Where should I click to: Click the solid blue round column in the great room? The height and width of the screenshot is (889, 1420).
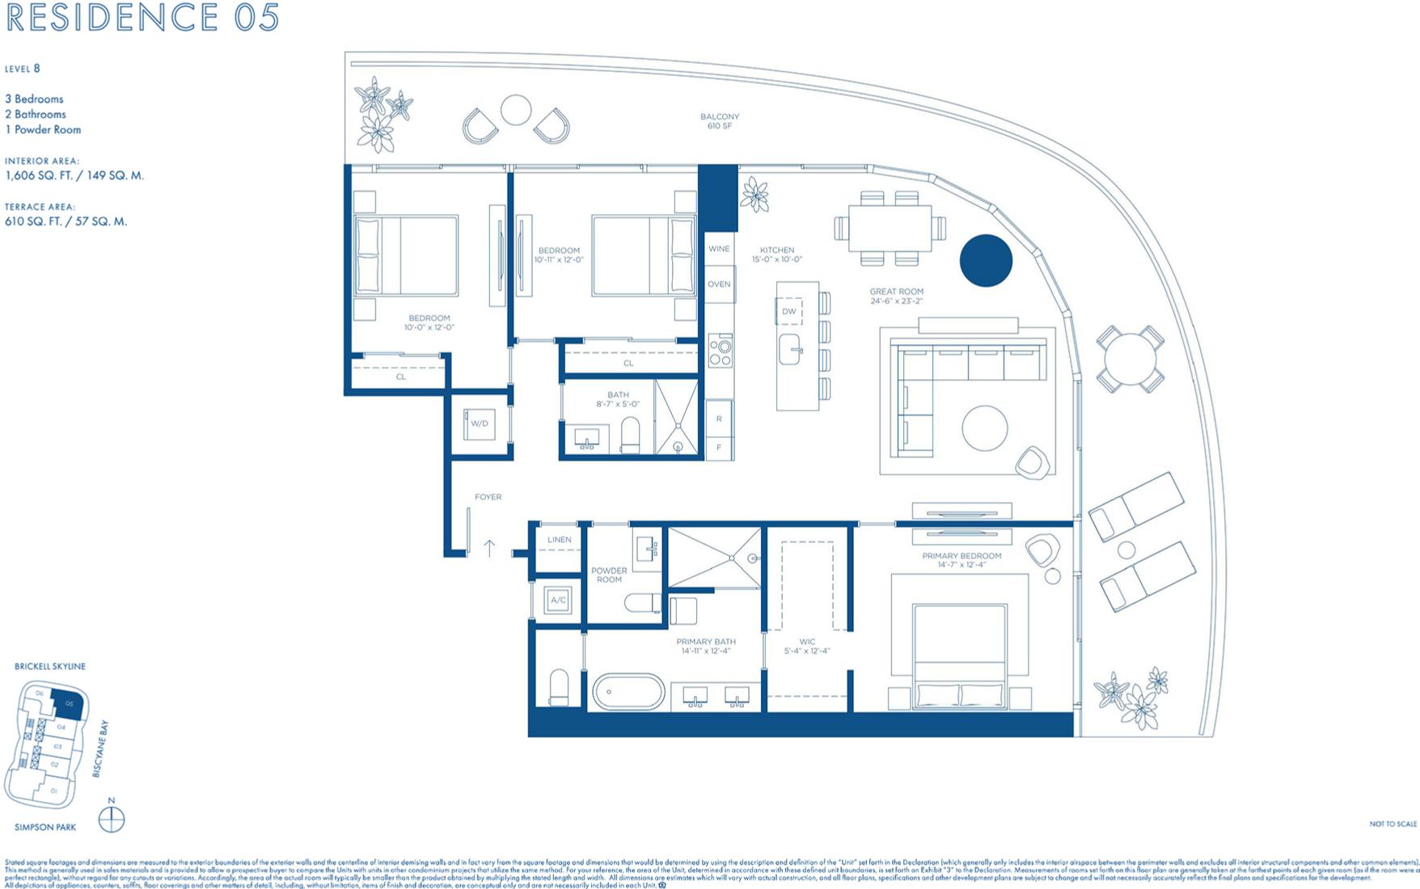pos(986,261)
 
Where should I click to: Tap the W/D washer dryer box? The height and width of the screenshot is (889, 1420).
pos(480,423)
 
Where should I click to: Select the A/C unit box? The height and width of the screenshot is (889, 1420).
pos(558,600)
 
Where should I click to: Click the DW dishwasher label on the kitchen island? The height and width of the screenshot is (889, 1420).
pos(788,311)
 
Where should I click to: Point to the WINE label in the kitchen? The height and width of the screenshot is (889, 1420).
pos(719,249)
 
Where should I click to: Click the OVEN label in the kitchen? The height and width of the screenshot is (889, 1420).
pos(719,284)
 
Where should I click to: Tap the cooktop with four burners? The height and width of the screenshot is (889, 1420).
pos(720,351)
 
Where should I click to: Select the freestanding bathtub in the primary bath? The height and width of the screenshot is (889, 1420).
pos(628,693)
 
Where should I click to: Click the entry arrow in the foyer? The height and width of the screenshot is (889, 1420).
pos(489,548)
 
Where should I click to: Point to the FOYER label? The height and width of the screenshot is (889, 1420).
pos(488,497)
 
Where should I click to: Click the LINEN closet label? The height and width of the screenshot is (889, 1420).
pos(559,540)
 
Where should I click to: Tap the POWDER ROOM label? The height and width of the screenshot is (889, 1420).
pos(609,575)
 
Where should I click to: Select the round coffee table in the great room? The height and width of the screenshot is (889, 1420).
pos(984,428)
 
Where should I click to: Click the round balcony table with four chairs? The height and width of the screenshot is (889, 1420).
pos(1131,359)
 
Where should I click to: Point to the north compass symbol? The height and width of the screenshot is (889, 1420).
pos(112,819)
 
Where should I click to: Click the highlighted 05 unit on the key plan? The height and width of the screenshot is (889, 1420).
pos(69,703)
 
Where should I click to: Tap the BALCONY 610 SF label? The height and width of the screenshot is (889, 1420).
pos(719,121)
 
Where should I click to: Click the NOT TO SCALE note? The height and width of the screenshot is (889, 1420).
pos(1393,824)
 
